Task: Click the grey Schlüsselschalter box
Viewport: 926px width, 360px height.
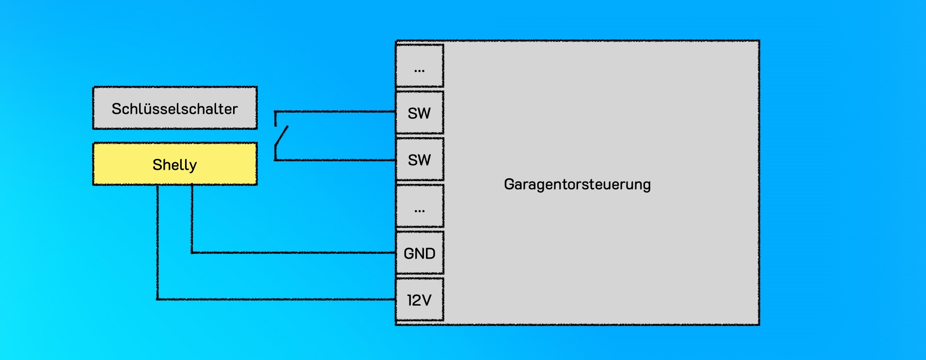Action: pyautogui.click(x=175, y=108)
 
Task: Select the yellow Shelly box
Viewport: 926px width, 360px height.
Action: pyautogui.click(x=175, y=164)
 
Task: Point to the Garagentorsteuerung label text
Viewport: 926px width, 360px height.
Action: pyautogui.click(x=577, y=185)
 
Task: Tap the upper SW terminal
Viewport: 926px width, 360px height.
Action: pyautogui.click(x=420, y=113)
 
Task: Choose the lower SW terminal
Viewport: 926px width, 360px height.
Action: pyautogui.click(x=420, y=159)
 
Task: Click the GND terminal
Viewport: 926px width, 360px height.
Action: pyautogui.click(x=420, y=253)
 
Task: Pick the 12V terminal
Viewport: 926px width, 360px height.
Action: pyautogui.click(x=420, y=300)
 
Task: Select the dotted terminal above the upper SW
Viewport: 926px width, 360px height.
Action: pyautogui.click(x=420, y=66)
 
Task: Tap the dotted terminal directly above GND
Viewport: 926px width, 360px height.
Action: pyautogui.click(x=420, y=206)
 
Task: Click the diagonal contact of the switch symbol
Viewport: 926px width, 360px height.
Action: pyautogui.click(x=282, y=136)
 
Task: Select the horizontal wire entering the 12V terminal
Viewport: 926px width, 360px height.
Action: pyautogui.click(x=276, y=299)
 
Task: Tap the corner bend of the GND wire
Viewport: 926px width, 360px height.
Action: pyautogui.click(x=192, y=252)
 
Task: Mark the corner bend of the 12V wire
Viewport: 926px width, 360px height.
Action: pyautogui.click(x=157, y=299)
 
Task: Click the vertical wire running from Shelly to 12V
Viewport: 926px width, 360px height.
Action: pyautogui.click(x=157, y=242)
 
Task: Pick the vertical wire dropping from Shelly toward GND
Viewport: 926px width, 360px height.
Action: pyautogui.click(x=192, y=218)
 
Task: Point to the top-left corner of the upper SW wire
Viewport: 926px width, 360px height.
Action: pyautogui.click(x=275, y=112)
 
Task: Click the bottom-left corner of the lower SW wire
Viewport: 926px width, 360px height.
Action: pyautogui.click(x=275, y=159)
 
